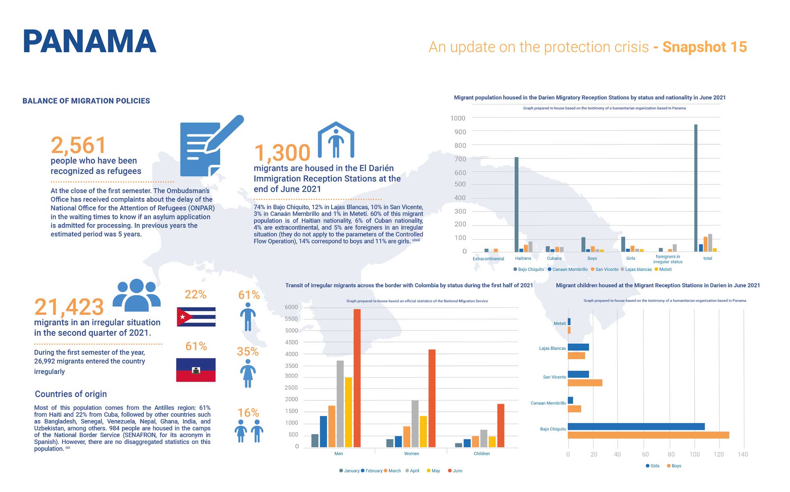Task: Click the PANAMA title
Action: pyautogui.click(x=90, y=42)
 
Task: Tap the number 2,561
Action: pyautogui.click(x=78, y=145)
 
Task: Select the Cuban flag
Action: pyautogui.click(x=196, y=317)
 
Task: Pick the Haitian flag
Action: pyautogui.click(x=196, y=370)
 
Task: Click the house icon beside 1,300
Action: pyautogui.click(x=336, y=140)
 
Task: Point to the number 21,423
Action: pyautogui.click(x=69, y=307)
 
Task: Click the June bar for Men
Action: pyautogui.click(x=357, y=378)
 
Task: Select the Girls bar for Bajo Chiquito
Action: pyautogui.click(x=636, y=427)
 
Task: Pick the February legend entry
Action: pyautogui.click(x=373, y=471)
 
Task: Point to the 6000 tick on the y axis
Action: pyautogui.click(x=291, y=307)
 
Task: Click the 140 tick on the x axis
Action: pyautogui.click(x=742, y=455)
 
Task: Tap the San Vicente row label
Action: pyautogui.click(x=554, y=377)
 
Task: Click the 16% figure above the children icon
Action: pyautogui.click(x=248, y=413)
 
